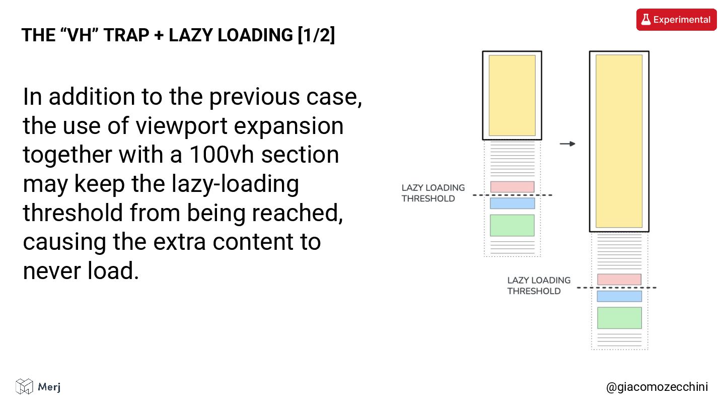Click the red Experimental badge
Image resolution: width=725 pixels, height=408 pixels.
tap(676, 20)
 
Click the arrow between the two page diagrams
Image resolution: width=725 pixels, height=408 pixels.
tap(567, 144)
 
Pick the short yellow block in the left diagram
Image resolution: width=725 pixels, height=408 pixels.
tap(512, 95)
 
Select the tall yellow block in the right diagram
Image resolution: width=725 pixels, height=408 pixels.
tap(619, 141)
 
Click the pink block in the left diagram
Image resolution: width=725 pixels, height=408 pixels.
tap(512, 187)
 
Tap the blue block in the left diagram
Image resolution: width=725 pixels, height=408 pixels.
tap(512, 203)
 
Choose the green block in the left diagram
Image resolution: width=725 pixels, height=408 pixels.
tap(512, 225)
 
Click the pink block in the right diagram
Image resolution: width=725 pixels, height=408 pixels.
tap(619, 279)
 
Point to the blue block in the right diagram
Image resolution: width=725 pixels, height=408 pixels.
tap(619, 296)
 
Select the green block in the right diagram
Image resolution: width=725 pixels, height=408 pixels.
tap(619, 318)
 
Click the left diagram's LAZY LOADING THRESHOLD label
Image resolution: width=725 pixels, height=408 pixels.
tap(433, 193)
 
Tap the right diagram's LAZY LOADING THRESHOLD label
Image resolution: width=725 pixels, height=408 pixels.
tap(539, 286)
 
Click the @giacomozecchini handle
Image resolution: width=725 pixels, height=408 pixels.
tap(657, 387)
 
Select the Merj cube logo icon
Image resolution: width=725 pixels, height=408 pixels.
tap(24, 386)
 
